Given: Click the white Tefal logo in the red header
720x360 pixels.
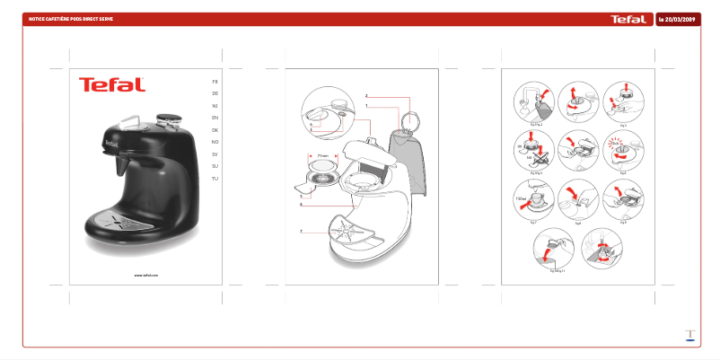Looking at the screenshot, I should coord(628,19).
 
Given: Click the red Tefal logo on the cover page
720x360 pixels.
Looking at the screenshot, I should coord(111,84).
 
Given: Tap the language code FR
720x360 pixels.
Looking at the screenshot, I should coord(215,82).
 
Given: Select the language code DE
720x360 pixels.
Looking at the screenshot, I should coord(215,93).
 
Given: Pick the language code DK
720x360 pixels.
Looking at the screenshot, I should coord(215,130).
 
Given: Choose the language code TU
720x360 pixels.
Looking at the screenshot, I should coord(215,179).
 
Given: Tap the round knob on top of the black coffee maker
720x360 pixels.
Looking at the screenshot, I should coord(165,117).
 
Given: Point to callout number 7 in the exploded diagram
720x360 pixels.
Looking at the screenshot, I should coord(302,232).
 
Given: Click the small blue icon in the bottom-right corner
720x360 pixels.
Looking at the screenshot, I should coord(689,335).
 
